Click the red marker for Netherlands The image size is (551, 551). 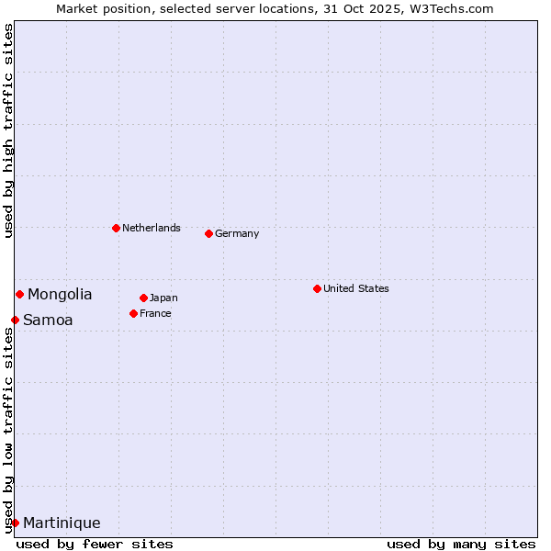(x=116, y=228)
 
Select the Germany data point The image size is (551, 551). (x=208, y=233)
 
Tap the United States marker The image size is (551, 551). (x=317, y=288)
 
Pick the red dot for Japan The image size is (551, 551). (x=143, y=298)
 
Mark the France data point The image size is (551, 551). (x=133, y=313)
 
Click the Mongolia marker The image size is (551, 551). (x=19, y=294)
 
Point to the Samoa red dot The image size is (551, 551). (x=15, y=320)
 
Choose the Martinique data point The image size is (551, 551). (x=15, y=523)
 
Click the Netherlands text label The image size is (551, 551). (x=152, y=228)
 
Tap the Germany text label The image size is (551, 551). (x=237, y=233)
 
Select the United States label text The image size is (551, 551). (x=356, y=288)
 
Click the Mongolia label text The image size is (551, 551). (x=60, y=295)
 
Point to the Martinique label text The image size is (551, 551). (x=62, y=523)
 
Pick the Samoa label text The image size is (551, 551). (x=48, y=320)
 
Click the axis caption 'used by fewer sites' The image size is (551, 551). (x=95, y=544)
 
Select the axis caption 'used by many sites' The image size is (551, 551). (x=461, y=544)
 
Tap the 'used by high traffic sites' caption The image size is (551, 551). (x=8, y=130)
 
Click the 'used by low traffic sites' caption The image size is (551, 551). (x=8, y=430)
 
